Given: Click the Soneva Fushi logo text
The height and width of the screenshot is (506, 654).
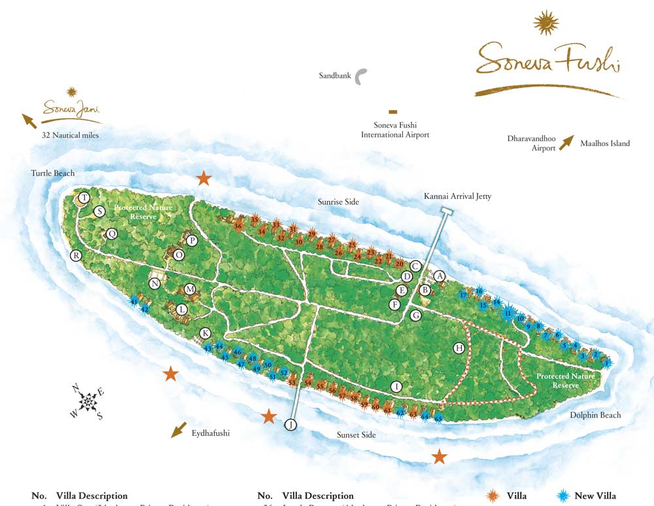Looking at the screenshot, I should [547, 60].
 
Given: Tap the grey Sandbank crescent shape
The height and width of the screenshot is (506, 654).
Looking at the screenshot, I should [362, 76].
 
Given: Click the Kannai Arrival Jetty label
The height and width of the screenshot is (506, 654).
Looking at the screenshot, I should [457, 196].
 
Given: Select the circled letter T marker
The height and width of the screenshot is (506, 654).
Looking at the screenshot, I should [84, 198].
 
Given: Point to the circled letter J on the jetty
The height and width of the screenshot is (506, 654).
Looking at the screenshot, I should [290, 425].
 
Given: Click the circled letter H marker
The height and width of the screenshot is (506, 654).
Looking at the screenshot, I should [459, 348].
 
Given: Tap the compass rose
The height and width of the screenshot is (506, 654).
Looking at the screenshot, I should [86, 402].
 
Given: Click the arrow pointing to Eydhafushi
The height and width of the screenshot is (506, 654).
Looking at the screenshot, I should [177, 430].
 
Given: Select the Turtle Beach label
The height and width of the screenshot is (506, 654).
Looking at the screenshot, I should [52, 173].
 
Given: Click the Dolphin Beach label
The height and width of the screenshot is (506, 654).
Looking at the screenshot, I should [594, 415].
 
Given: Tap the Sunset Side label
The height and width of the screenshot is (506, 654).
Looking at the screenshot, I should [356, 435].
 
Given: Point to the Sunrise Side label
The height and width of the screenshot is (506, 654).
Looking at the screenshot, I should [338, 202].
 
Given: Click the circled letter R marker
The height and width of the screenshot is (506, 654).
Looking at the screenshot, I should [76, 255].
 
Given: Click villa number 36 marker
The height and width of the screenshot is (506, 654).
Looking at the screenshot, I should [238, 226].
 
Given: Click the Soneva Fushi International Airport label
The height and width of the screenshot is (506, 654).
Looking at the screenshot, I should [395, 130].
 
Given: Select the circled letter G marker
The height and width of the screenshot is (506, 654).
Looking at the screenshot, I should [415, 316].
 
